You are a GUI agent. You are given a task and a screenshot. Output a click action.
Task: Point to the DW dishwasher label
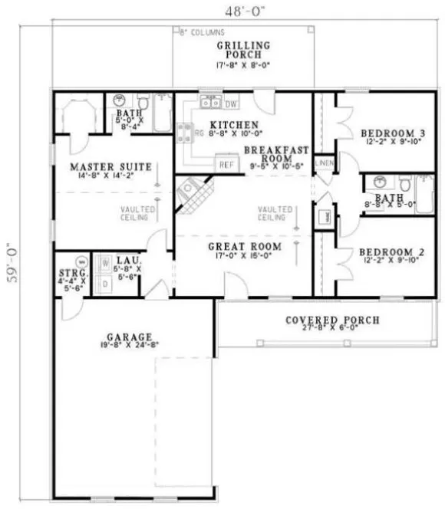(232, 103)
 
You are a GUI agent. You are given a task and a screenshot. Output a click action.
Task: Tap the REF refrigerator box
(226, 164)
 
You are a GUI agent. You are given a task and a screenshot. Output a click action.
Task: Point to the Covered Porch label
(331, 320)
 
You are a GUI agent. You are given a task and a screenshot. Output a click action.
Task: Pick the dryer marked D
(104, 282)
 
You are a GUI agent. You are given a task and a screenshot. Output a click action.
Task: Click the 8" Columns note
(200, 33)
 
